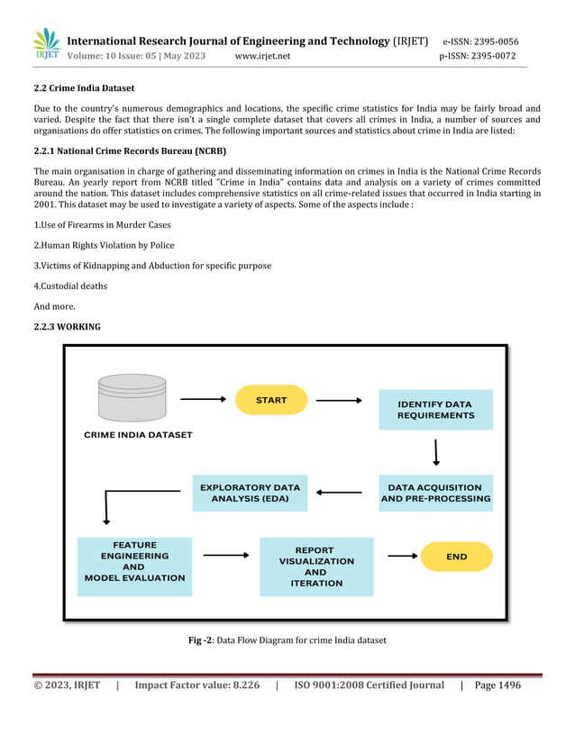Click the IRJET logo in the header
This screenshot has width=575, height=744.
(46, 44)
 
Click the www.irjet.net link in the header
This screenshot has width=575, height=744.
(262, 56)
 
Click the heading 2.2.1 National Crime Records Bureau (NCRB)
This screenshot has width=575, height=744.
(130, 150)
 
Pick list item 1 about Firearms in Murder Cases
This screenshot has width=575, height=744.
(102, 225)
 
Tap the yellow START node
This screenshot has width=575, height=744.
(271, 400)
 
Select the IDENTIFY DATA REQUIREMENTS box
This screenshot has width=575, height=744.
(436, 410)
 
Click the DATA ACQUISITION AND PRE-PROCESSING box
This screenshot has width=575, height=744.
(436, 493)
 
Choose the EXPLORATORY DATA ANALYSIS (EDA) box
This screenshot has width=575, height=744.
(250, 493)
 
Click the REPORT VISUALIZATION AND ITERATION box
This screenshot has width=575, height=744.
(316, 567)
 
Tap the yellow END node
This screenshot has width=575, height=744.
(457, 557)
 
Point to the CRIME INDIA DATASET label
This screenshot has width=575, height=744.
(138, 435)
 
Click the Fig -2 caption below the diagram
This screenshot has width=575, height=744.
(287, 640)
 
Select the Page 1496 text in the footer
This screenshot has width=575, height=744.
(497, 685)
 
